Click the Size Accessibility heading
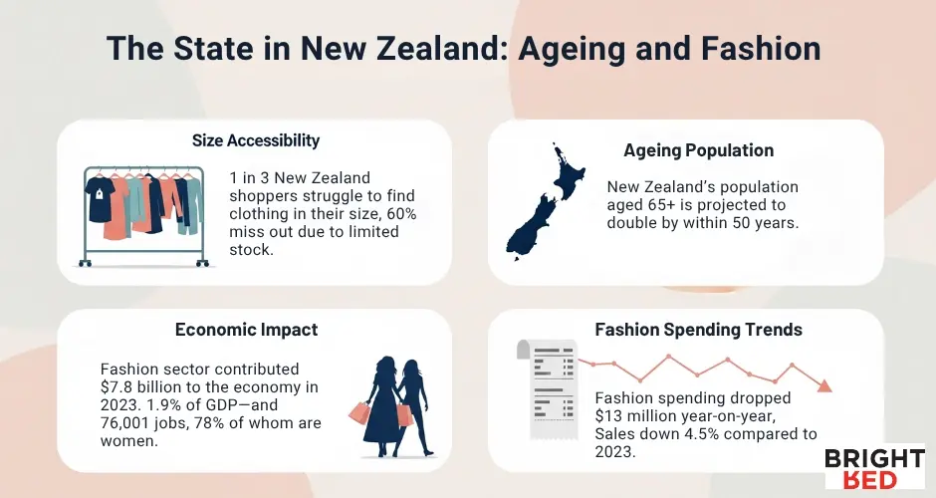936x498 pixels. (x=256, y=140)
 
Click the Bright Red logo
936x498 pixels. (x=874, y=468)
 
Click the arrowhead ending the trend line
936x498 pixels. (x=823, y=385)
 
